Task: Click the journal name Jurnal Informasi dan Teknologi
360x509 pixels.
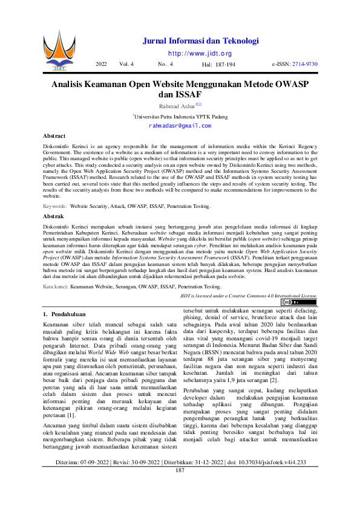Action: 200,41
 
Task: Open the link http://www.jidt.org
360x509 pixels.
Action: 200,53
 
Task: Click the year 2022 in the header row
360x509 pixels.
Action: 101,63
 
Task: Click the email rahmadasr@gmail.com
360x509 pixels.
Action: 180,126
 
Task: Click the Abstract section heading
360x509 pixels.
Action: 54,137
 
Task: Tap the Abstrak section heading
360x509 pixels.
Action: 54,216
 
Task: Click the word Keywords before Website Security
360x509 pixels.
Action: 54,207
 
